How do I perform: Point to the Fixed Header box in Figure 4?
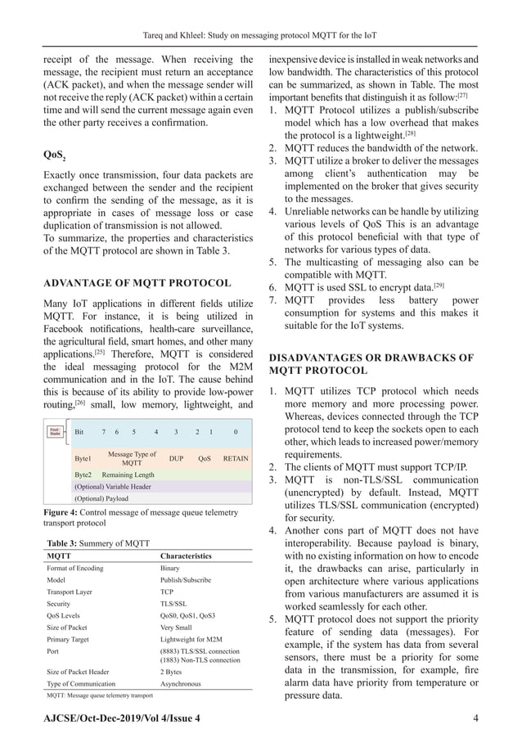(x=55, y=430)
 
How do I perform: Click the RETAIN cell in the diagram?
(x=236, y=458)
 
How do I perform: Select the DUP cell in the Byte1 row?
(x=175, y=458)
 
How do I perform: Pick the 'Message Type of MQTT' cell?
(x=132, y=458)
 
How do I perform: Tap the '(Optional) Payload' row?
(x=101, y=497)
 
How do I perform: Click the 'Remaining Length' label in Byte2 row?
(x=128, y=474)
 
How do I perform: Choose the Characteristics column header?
(x=186, y=556)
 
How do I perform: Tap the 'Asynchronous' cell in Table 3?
(x=182, y=682)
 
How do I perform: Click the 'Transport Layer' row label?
(x=74, y=591)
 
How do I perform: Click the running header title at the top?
(x=261, y=12)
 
